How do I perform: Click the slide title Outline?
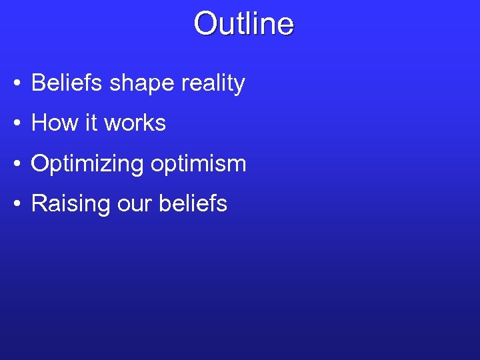pyautogui.click(x=243, y=23)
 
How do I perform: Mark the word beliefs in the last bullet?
pyautogui.click(x=193, y=203)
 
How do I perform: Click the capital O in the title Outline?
pyautogui.click(x=204, y=23)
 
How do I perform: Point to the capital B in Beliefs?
pyautogui.click(x=38, y=83)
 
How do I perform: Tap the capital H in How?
pyautogui.click(x=39, y=123)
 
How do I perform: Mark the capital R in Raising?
pyautogui.click(x=39, y=203)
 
